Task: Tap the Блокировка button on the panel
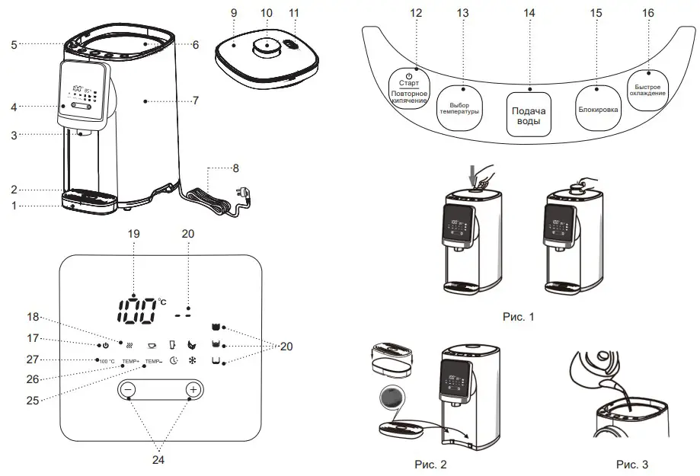pyautogui.click(x=599, y=109)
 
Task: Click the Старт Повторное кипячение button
pyautogui.click(x=410, y=88)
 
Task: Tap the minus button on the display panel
pyautogui.click(x=127, y=390)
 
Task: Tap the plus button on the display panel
pyautogui.click(x=193, y=390)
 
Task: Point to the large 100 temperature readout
pyautogui.click(x=137, y=309)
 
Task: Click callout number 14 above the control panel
pyautogui.click(x=529, y=13)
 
